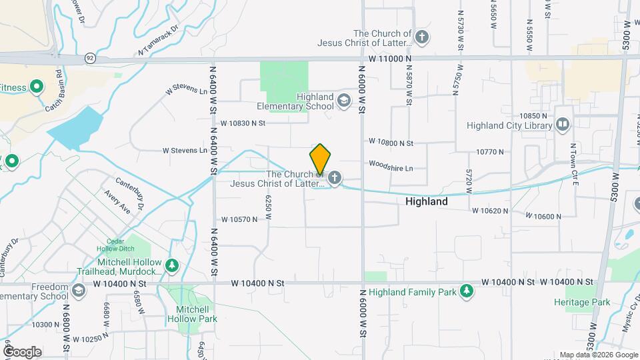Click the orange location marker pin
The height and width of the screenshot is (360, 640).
coord(320,160)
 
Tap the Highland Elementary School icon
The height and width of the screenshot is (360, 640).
coord(344,101)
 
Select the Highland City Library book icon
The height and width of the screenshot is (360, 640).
coord(563,124)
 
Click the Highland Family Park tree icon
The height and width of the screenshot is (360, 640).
coord(467,291)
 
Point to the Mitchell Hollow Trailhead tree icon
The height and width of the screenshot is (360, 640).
coord(173,266)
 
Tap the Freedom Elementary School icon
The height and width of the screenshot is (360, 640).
coord(79,291)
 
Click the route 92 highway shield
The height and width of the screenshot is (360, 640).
coord(89,59)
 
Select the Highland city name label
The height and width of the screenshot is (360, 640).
coord(427,201)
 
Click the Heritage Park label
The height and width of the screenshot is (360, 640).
coord(582,302)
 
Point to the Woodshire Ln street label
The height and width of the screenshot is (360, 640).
coord(391,165)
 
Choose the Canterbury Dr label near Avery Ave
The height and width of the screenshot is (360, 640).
coord(130,191)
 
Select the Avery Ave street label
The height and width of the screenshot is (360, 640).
coord(117,203)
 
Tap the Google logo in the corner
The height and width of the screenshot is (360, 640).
coord(22,351)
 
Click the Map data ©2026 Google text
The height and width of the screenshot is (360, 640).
coord(598,355)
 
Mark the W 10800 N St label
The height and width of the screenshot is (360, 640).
coord(391,143)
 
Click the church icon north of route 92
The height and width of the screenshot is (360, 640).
coord(421,36)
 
